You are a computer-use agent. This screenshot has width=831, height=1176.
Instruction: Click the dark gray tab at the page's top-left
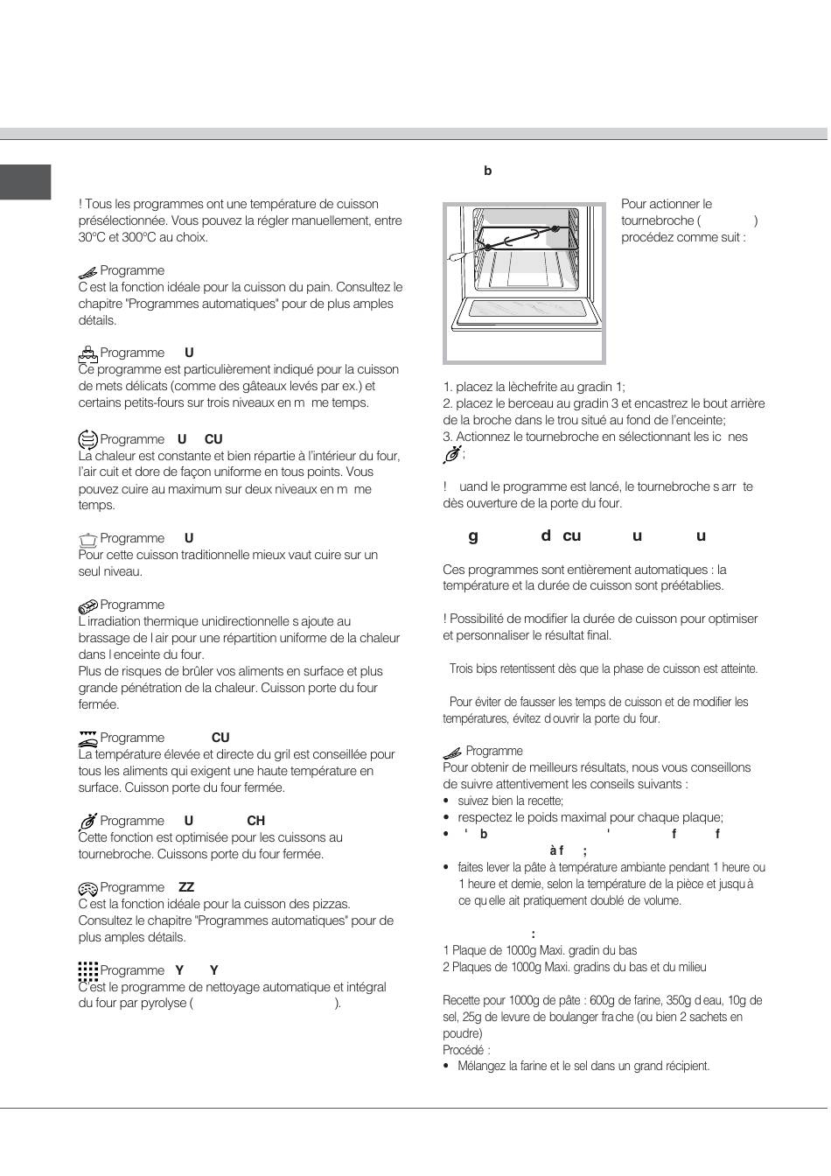25,182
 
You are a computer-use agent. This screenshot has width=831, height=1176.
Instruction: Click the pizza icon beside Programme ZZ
87,888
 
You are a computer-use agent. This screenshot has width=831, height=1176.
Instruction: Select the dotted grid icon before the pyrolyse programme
87,970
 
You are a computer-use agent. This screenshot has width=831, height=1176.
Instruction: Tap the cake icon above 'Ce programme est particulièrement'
87,353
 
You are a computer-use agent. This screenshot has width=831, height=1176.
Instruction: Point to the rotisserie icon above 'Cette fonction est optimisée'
87,822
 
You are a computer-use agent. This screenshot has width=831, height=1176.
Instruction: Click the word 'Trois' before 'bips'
462,669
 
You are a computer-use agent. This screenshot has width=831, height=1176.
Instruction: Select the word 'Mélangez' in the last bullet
481,1067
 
